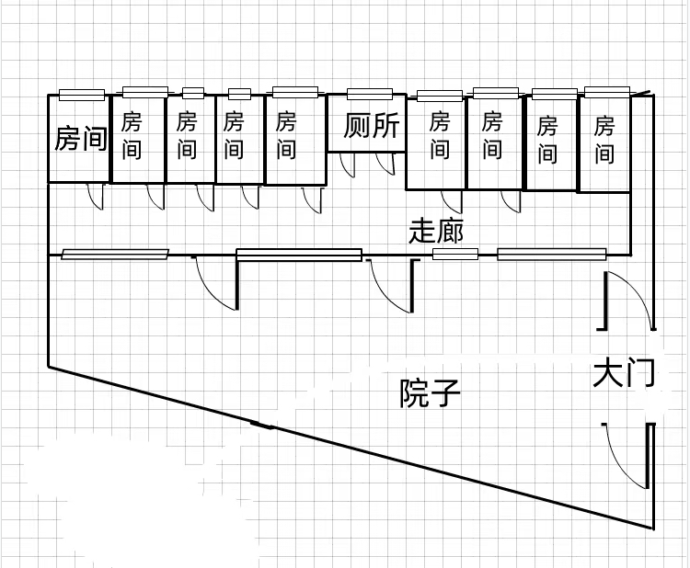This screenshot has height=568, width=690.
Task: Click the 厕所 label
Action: (x=373, y=126)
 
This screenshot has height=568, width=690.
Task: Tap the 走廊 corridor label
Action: (x=436, y=232)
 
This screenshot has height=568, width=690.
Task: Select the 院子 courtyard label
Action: (x=430, y=393)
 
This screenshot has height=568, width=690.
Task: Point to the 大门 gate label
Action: (x=623, y=375)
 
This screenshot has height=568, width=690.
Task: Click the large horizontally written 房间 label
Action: (x=81, y=139)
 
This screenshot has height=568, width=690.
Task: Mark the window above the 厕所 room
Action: (x=371, y=93)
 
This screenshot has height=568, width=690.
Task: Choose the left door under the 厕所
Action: (x=347, y=165)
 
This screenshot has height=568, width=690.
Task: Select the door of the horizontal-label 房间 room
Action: (x=95, y=196)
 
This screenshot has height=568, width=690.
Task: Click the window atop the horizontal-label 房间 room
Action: (x=82, y=94)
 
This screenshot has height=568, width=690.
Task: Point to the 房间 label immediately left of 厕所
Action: (x=286, y=134)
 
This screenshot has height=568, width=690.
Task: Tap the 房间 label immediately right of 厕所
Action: (x=440, y=134)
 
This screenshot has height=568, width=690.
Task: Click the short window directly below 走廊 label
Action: (x=449, y=254)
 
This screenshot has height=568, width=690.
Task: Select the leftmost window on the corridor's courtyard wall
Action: (x=116, y=254)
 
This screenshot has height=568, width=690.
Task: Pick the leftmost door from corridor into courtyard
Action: (x=213, y=282)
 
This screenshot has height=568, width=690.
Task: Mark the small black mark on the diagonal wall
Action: (x=262, y=425)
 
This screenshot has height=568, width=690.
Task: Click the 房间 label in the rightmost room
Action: (x=604, y=138)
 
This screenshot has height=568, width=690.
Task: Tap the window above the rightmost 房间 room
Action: (x=607, y=91)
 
